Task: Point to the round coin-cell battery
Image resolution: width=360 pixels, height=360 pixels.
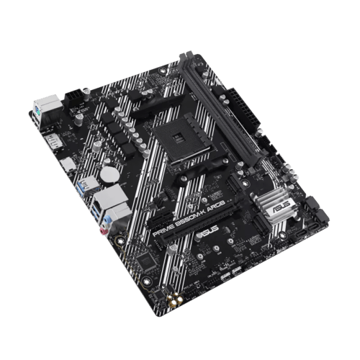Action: (x=109, y=171)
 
